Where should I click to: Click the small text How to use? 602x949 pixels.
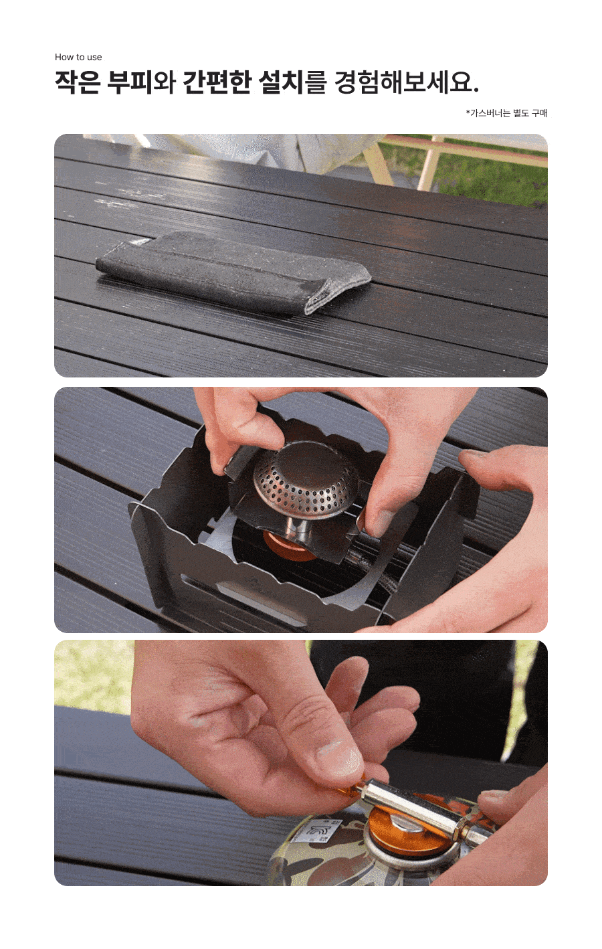tap(78, 57)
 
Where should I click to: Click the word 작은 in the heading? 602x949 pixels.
tap(78, 82)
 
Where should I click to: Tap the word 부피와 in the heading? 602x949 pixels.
tap(141, 82)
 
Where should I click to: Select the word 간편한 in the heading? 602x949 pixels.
tap(217, 82)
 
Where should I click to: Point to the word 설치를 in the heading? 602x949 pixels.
tap(292, 82)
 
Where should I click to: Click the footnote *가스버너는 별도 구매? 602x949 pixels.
tap(507, 113)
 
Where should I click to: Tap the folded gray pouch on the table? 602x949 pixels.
tap(233, 272)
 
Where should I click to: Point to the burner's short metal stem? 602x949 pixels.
tap(298, 528)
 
